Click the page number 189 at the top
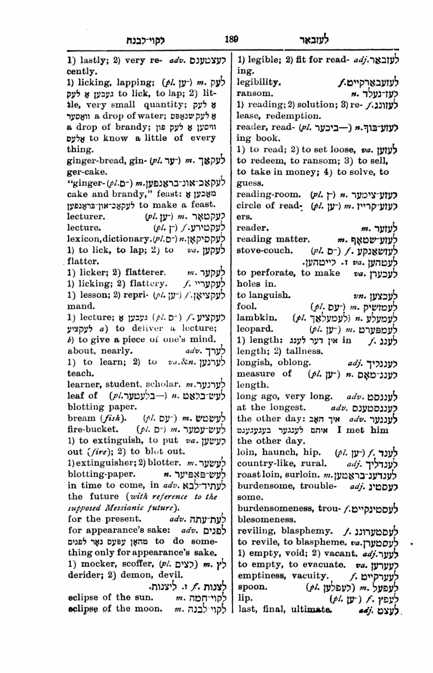point(231,39)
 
